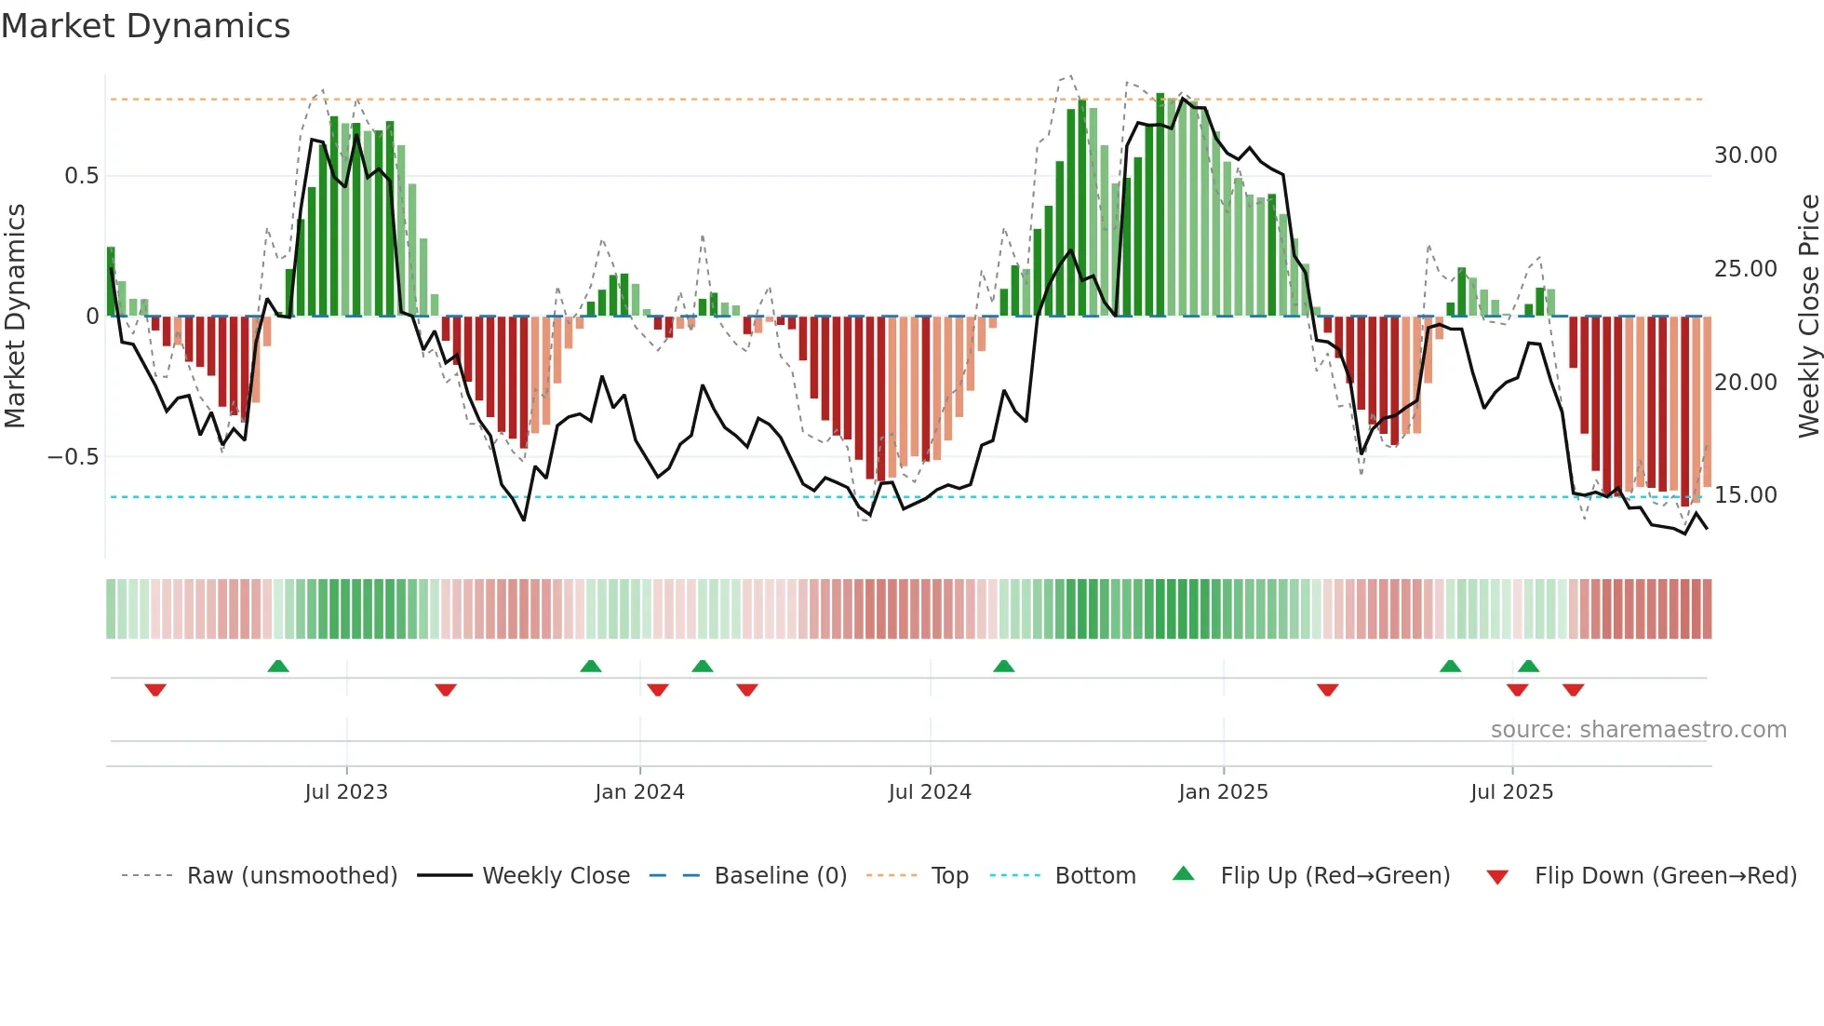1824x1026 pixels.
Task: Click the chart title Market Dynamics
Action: point(146,26)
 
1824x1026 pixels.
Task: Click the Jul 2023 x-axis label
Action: point(346,792)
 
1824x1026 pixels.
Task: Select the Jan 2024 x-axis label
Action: point(639,792)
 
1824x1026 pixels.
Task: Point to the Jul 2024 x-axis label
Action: point(930,792)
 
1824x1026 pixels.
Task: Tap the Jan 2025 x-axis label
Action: point(1223,792)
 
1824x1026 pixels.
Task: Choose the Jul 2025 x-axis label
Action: point(1512,792)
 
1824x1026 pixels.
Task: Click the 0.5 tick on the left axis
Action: point(81,176)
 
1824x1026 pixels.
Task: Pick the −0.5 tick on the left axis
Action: point(74,457)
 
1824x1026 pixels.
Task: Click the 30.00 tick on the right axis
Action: point(1746,155)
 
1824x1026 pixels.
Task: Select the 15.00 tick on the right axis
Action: point(1746,495)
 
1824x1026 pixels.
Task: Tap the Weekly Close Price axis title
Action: point(1808,317)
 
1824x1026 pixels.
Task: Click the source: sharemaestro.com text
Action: point(1638,730)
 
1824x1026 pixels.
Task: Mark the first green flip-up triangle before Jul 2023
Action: point(278,666)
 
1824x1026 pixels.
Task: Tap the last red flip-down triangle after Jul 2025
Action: point(1574,690)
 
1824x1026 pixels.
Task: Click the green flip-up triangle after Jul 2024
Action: point(1003,666)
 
